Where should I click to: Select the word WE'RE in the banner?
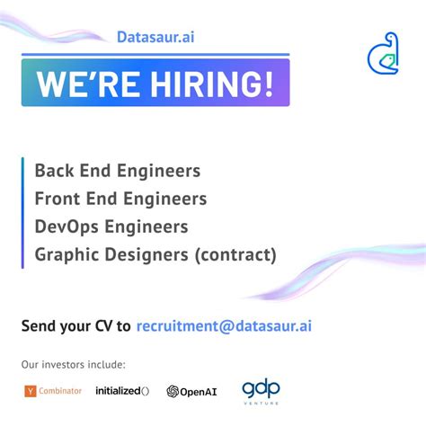click(78, 84)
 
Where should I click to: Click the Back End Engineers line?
click(117, 171)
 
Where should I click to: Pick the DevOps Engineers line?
click(111, 226)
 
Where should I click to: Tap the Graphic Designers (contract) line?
click(155, 255)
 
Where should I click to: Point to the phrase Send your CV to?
click(76, 325)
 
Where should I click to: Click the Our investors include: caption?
click(74, 365)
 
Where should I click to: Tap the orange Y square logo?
click(31, 391)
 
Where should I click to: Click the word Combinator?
click(61, 391)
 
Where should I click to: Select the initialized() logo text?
click(122, 391)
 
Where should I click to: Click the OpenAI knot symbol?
click(173, 392)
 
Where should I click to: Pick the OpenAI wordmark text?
click(200, 392)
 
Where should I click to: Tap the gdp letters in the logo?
click(260, 388)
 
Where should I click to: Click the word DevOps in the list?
click(66, 226)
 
